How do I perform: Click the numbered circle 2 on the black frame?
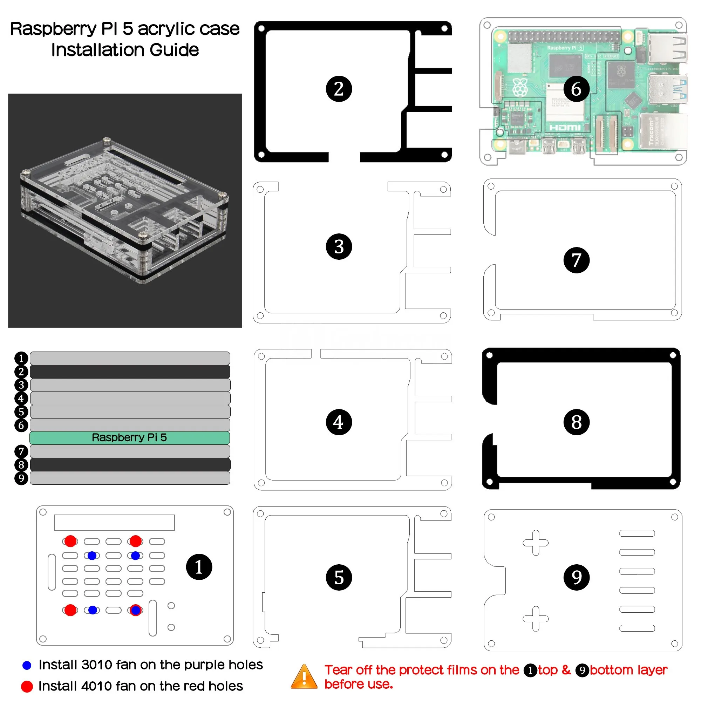(339, 89)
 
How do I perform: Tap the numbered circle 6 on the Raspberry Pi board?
(576, 89)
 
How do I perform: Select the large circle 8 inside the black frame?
(576, 422)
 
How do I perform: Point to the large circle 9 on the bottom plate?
(576, 577)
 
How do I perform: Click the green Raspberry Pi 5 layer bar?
(130, 437)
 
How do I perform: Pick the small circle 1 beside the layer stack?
(21, 358)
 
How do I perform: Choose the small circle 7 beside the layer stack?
(21, 451)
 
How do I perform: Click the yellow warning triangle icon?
(304, 677)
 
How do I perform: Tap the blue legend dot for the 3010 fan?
(27, 665)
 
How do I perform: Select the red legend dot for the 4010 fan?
(27, 686)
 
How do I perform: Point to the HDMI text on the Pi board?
(565, 127)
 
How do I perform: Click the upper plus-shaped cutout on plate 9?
(535, 543)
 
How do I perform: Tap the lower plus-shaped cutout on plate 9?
(535, 618)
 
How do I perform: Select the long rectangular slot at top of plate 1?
(114, 523)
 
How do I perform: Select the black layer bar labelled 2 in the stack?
(130, 372)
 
